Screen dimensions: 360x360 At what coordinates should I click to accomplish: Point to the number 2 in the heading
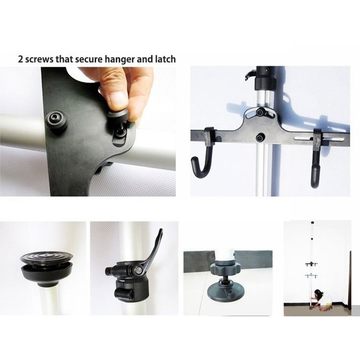coord(21,59)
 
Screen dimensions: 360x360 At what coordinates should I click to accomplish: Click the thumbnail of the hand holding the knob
coord(88,131)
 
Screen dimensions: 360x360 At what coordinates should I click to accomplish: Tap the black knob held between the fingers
coord(118,115)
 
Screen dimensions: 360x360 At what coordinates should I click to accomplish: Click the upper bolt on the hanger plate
coord(260,112)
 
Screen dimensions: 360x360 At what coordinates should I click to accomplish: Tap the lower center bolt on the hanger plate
coord(259,138)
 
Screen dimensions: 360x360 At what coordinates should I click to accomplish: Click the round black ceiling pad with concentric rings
coord(46,257)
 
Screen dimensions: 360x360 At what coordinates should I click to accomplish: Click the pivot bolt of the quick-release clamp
coord(138,270)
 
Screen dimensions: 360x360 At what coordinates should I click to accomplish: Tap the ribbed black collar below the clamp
coord(131,289)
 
